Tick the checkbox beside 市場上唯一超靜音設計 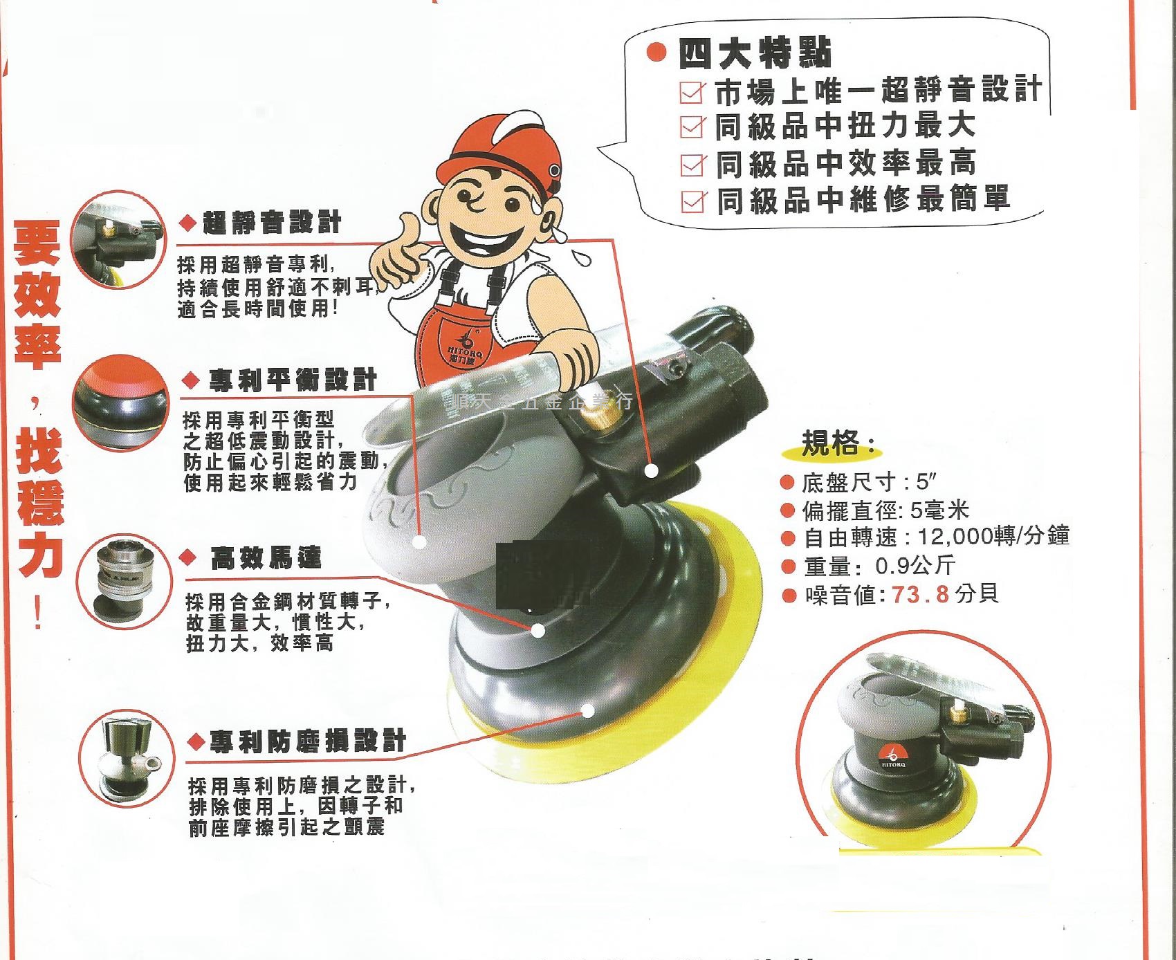(x=692, y=92)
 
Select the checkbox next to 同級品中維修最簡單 (x=692, y=201)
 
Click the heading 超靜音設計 (x=272, y=223)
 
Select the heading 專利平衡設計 (x=292, y=380)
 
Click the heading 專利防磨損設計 (x=307, y=741)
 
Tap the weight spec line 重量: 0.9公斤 (x=879, y=566)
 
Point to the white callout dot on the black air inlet (x=651, y=471)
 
